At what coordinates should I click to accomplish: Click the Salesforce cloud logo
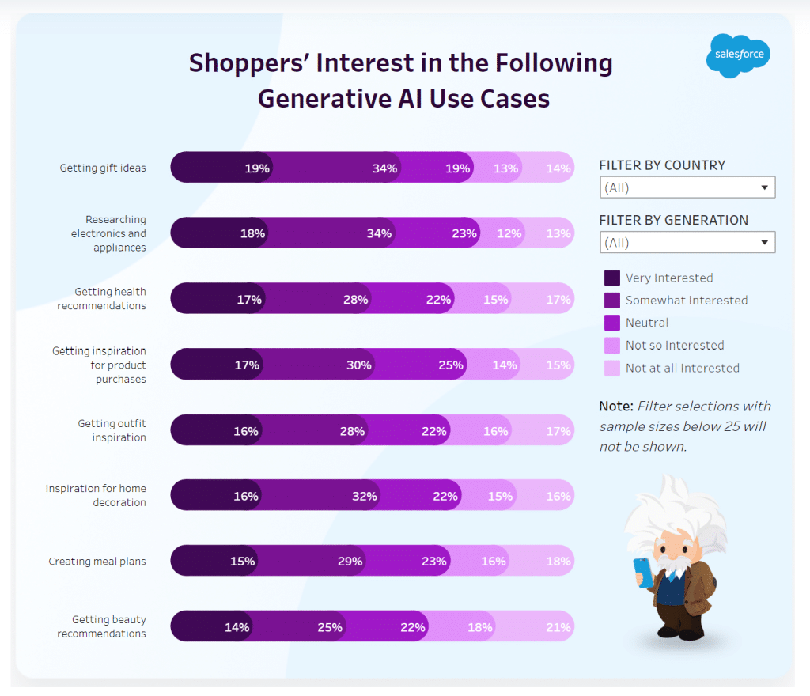tap(738, 55)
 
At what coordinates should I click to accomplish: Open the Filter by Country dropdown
tap(687, 187)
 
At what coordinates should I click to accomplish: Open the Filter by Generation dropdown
tap(687, 242)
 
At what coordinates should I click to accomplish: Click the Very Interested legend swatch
tap(611, 278)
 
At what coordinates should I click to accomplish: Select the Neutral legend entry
tap(646, 323)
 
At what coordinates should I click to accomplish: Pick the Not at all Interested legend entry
tap(682, 368)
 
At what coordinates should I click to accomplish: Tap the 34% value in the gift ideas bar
tap(384, 168)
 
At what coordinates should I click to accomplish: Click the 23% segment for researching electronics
tap(464, 233)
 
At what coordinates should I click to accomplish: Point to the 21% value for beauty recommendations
tap(558, 627)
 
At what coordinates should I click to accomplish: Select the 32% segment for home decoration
tap(365, 496)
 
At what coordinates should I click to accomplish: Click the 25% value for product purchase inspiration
tap(451, 365)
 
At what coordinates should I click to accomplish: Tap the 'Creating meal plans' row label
tap(97, 562)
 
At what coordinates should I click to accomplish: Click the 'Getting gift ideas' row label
tap(103, 168)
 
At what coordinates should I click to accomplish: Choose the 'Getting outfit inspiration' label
tap(112, 430)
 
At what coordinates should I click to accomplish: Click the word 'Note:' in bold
tap(616, 407)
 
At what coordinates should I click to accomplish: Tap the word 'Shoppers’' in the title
tap(248, 63)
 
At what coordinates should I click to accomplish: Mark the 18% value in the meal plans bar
tap(558, 562)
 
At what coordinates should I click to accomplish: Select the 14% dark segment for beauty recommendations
tap(237, 627)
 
